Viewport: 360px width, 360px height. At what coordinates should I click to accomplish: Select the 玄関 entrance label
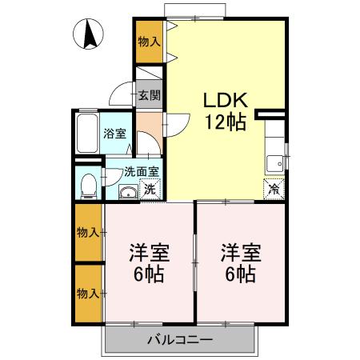pyautogui.click(x=148, y=96)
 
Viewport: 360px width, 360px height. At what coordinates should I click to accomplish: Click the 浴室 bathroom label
pyautogui.click(x=115, y=134)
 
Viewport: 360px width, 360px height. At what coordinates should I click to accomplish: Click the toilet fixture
pyautogui.click(x=90, y=184)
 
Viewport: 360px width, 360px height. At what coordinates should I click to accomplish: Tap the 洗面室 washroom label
pyautogui.click(x=141, y=170)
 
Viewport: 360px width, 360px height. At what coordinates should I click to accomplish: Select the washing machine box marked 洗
pyautogui.click(x=149, y=190)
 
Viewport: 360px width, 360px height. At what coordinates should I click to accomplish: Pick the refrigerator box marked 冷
pyautogui.click(x=274, y=190)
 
